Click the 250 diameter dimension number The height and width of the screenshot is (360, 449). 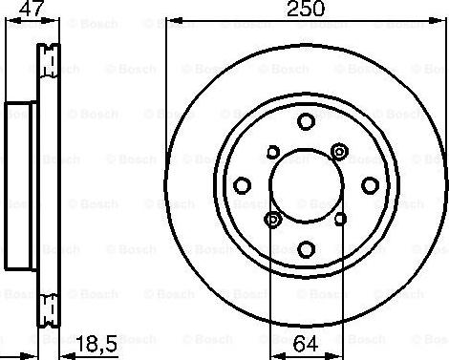point(306,9)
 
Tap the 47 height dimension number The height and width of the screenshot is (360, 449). point(31,9)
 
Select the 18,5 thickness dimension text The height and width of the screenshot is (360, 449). point(97,344)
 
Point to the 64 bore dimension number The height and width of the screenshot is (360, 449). point(306,344)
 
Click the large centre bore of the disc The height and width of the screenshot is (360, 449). point(307,185)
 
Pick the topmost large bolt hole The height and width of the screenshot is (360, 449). point(306,121)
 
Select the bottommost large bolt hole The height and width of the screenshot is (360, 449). point(307,249)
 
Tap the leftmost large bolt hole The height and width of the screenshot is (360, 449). point(242,185)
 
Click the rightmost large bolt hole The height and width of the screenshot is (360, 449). point(371,185)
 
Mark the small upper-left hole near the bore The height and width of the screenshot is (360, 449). point(273,152)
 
